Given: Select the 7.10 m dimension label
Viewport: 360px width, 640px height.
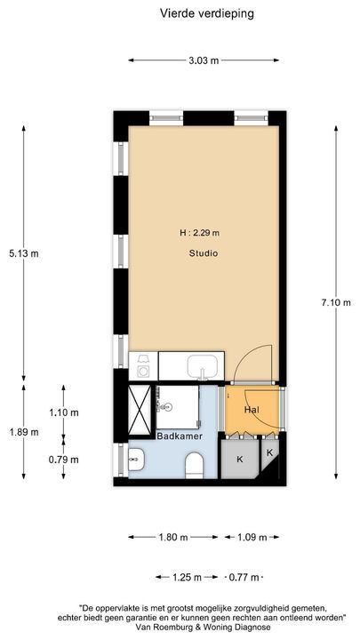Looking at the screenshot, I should tap(336, 303).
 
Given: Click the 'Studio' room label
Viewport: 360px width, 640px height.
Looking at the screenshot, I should tap(203, 253).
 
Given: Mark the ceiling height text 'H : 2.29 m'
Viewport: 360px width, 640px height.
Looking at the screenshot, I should tap(199, 233).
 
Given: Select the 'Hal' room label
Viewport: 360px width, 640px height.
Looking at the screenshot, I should tap(251, 410).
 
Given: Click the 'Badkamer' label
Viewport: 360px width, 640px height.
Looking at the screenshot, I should tap(179, 436).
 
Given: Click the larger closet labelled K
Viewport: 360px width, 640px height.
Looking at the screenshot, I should tap(239, 460).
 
